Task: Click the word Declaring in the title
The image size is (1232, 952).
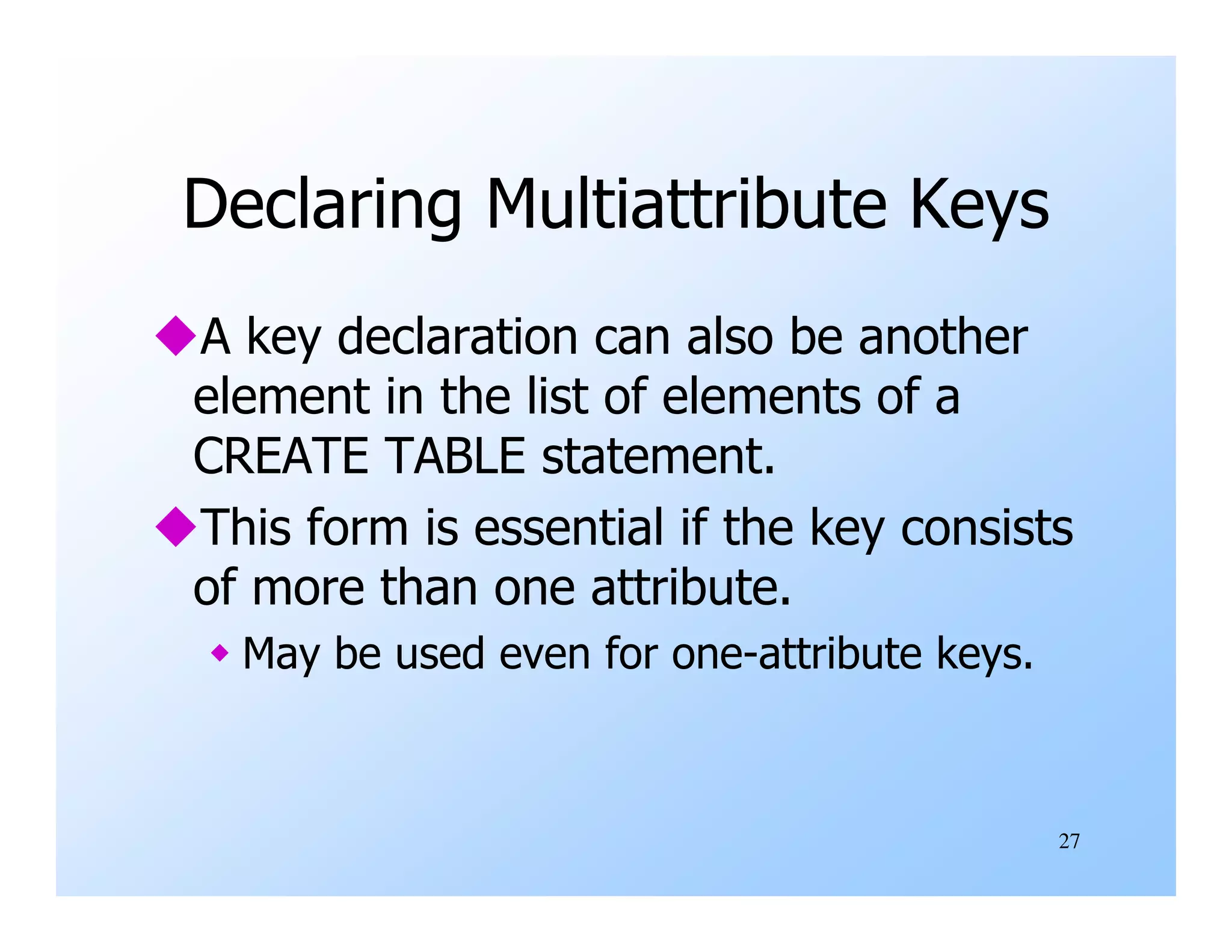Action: [x=322, y=205]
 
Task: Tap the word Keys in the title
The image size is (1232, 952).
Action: [x=979, y=205]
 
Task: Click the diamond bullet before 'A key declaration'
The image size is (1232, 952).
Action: [x=175, y=335]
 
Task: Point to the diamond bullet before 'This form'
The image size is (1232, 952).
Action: [x=175, y=526]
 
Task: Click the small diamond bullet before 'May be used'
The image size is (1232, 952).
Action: [x=220, y=652]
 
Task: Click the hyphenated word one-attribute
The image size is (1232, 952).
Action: [x=796, y=654]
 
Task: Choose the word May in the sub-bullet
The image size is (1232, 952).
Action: [x=281, y=655]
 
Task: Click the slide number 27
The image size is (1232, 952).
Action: [x=1069, y=841]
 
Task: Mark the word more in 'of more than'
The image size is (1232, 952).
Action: [x=308, y=589]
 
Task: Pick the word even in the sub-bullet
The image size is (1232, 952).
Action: [x=544, y=654]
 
